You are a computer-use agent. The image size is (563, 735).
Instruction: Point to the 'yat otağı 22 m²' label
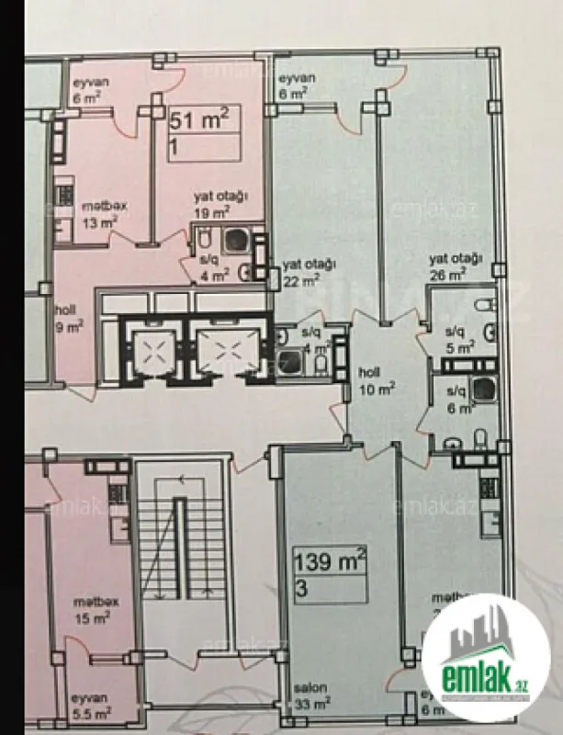[305, 272]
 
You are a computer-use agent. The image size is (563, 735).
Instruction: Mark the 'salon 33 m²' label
[311, 694]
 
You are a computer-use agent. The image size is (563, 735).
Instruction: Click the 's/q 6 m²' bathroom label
[456, 396]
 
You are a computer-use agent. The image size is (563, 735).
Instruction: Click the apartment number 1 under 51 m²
[174, 146]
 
